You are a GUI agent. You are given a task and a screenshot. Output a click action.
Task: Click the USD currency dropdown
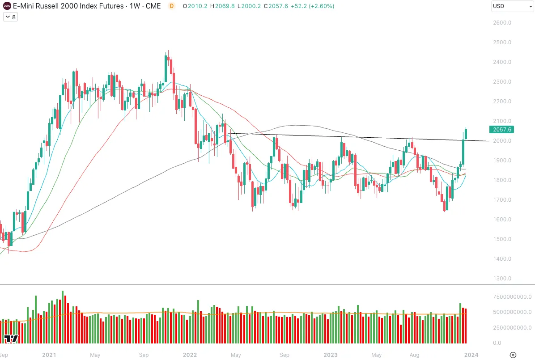click(x=511, y=6)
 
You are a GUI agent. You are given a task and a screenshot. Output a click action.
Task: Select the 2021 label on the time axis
click(x=49, y=355)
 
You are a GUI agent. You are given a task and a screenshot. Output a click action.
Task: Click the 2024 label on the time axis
click(x=471, y=355)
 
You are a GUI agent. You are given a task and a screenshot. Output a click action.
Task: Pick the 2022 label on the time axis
click(x=190, y=355)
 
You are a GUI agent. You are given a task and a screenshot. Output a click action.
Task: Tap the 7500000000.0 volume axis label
click(x=512, y=297)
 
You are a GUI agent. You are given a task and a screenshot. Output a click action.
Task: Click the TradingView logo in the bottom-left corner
click(x=11, y=339)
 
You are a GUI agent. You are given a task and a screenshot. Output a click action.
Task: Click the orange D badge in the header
click(x=172, y=6)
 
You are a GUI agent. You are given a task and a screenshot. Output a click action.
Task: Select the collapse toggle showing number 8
click(x=10, y=17)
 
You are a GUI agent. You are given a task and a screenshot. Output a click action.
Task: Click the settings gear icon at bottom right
click(x=513, y=355)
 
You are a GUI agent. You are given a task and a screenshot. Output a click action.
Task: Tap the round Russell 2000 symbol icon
click(x=6, y=6)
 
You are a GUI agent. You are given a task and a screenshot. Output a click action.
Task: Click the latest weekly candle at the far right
click(x=466, y=134)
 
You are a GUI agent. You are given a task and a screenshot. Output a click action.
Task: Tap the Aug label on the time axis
click(x=415, y=355)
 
